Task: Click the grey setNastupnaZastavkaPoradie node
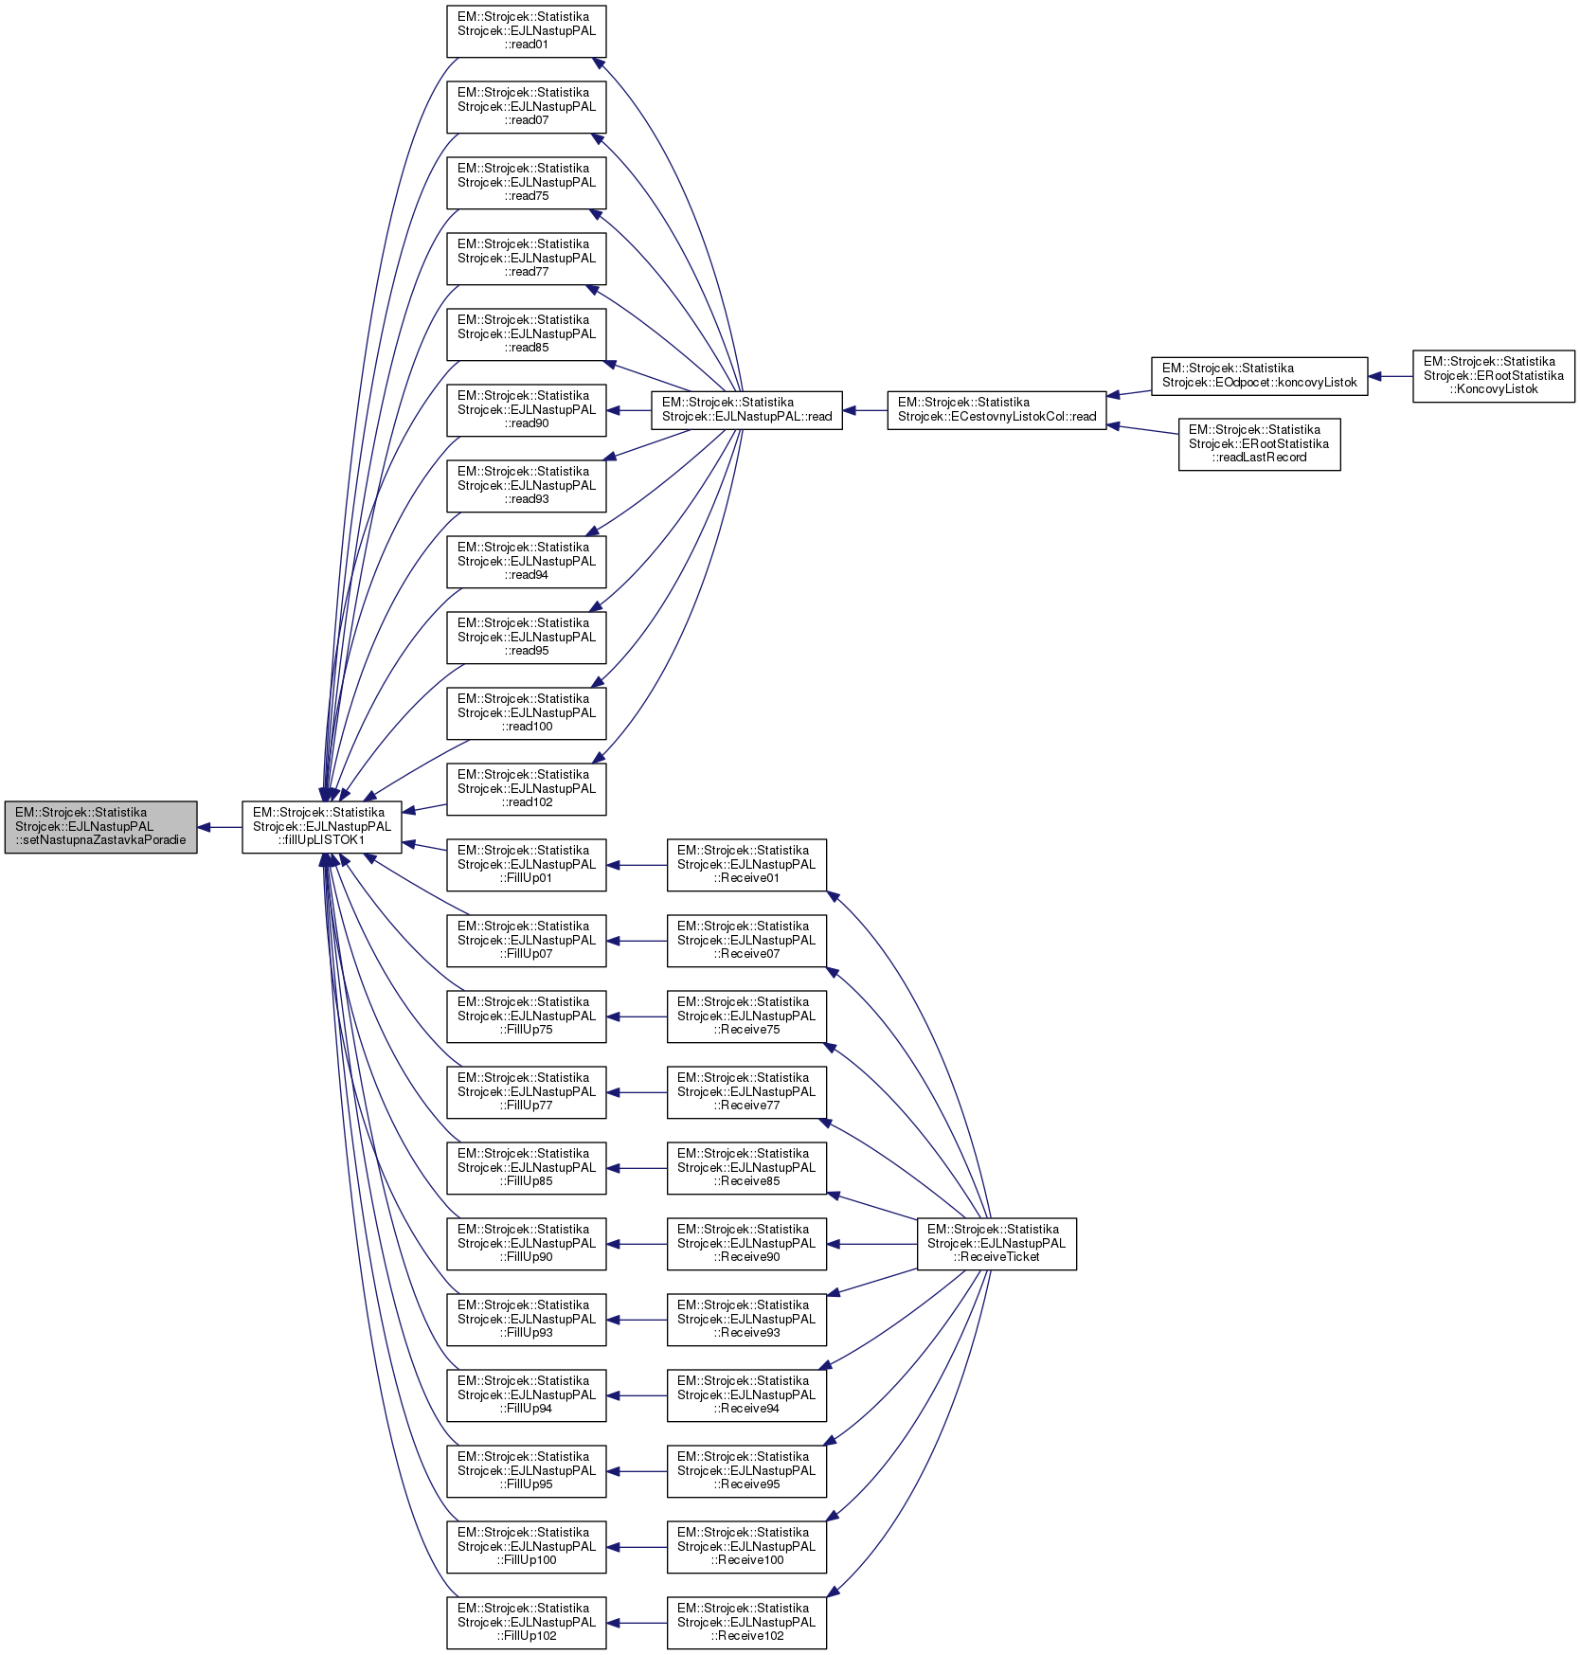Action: click(x=100, y=827)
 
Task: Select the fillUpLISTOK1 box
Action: click(x=321, y=827)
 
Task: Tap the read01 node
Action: click(x=526, y=31)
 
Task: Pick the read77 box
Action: click(x=526, y=259)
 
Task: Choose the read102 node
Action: click(x=526, y=789)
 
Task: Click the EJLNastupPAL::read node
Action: click(x=746, y=410)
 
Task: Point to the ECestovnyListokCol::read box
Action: click(x=996, y=410)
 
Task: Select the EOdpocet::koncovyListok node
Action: click(x=1259, y=376)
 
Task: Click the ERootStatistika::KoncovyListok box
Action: click(x=1493, y=376)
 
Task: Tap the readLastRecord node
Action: click(x=1259, y=444)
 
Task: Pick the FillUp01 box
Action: click(x=526, y=865)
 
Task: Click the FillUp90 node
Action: click(x=526, y=1244)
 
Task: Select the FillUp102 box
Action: click(x=526, y=1623)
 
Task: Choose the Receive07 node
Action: click(x=746, y=941)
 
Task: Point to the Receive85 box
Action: click(x=746, y=1168)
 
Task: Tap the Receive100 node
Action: click(x=746, y=1547)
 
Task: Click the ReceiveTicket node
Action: click(x=996, y=1244)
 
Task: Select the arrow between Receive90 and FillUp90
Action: click(x=637, y=1244)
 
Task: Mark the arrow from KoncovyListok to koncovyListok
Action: click(x=1391, y=376)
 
